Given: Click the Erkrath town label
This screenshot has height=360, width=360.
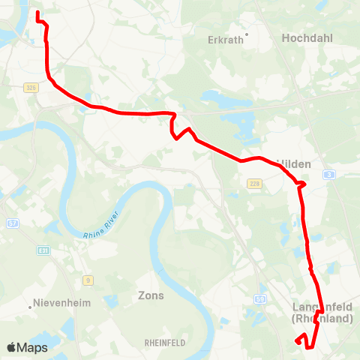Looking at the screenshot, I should [225, 40].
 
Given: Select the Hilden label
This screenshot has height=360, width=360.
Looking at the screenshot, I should [294, 163].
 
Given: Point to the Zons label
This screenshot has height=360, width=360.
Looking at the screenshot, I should [151, 295].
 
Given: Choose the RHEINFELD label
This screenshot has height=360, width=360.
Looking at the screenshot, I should [165, 342].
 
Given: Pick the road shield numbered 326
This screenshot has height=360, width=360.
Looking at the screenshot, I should [31, 88].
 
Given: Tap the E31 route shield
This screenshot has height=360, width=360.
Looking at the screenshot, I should [44, 250].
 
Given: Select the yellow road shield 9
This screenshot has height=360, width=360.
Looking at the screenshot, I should [88, 280].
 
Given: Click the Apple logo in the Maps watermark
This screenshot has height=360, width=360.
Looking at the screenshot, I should [12, 347].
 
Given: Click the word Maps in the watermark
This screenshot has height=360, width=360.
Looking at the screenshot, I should [33, 347].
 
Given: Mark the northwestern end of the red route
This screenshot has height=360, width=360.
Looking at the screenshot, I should [37, 13].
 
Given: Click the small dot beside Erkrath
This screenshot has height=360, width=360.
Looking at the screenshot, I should [246, 33].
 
